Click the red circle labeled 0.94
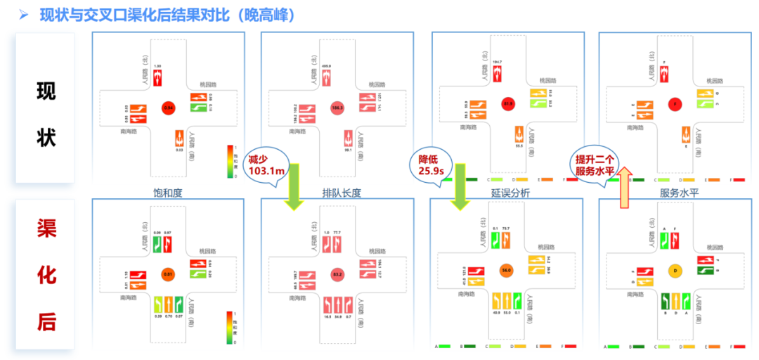(168, 108)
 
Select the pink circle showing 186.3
(337, 108)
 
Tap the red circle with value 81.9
(508, 105)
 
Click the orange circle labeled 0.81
(168, 273)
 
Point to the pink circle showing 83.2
(337, 273)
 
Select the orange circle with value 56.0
(505, 270)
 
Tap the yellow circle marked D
(675, 270)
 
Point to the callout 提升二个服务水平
(593, 166)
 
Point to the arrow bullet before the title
(23, 15)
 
